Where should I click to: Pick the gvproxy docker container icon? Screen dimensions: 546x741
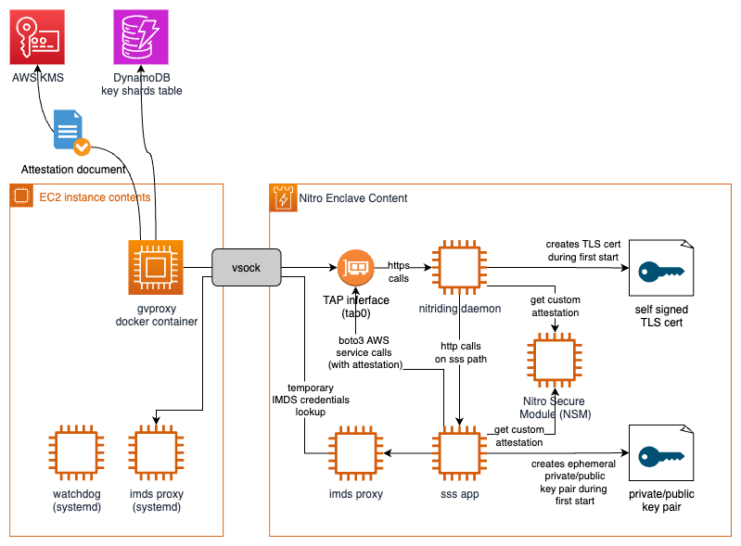pos(156,268)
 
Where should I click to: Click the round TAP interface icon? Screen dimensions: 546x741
pos(355,268)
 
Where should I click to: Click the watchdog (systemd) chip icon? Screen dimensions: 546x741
pos(76,452)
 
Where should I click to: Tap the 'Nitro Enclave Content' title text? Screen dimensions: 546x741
pos(352,198)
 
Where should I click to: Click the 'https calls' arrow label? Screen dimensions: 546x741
pos(399,273)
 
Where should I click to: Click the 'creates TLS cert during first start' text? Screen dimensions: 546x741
pos(576,250)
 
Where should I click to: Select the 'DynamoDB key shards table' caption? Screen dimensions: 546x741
pos(141,84)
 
